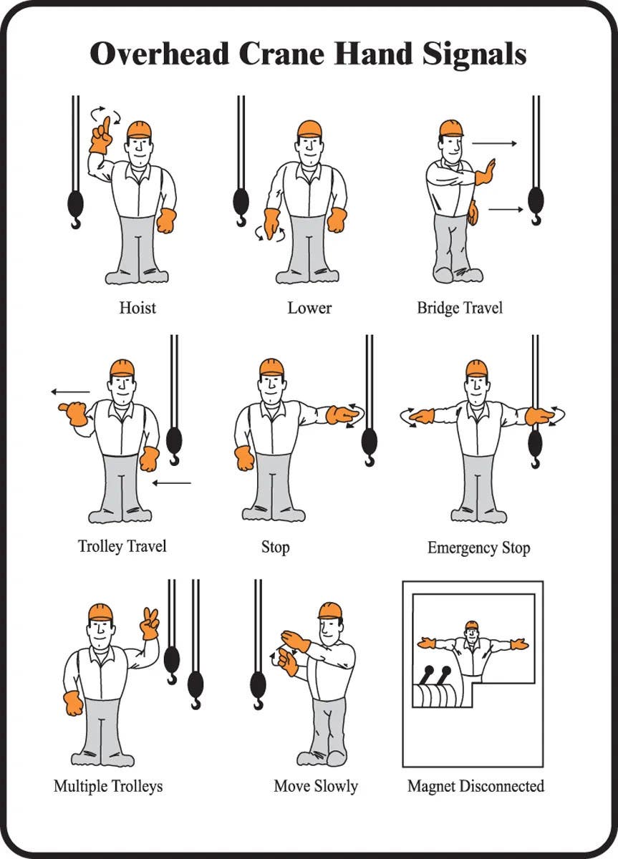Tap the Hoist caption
point(137,309)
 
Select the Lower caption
point(309,309)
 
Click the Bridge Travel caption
point(460,309)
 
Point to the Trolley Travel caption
point(122,546)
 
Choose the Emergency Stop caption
point(478,548)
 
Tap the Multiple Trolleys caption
point(108,786)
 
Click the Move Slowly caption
point(316,786)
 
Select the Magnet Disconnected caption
point(475,786)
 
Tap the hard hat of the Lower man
point(309,129)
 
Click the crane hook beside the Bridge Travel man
point(535,203)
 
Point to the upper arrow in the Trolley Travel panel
point(70,392)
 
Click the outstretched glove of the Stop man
point(342,414)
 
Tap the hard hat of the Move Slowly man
point(330,611)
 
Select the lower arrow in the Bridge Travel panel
point(506,210)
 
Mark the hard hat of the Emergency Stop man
point(476,368)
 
